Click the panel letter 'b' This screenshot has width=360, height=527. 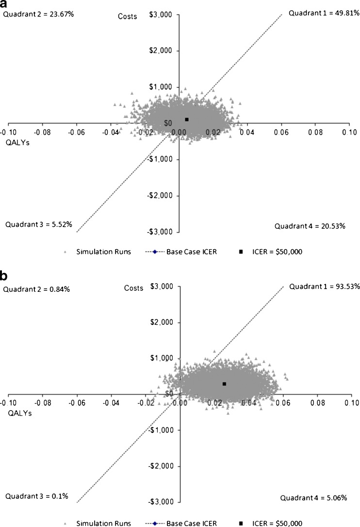[4, 276]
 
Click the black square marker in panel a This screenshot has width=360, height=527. [187, 119]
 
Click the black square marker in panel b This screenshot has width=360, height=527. [224, 384]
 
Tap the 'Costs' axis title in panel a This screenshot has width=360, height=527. [128, 16]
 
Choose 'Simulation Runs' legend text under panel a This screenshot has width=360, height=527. [103, 252]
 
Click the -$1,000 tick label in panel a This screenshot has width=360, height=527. [164, 160]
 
